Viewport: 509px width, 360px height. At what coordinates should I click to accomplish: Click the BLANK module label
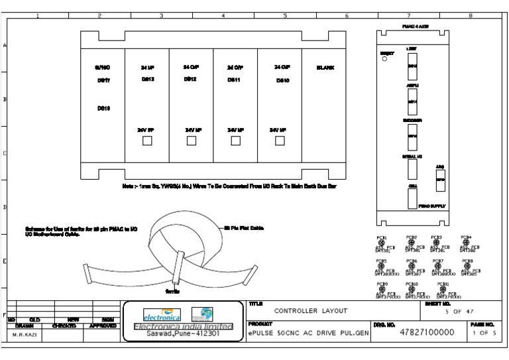click(325, 67)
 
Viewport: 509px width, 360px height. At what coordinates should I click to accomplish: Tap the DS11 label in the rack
click(233, 79)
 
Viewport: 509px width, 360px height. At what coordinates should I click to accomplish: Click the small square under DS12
click(191, 140)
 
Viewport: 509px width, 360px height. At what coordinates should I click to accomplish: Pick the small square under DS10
click(280, 140)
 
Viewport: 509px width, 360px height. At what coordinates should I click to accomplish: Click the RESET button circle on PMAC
click(384, 58)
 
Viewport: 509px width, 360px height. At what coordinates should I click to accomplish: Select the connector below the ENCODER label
click(411, 136)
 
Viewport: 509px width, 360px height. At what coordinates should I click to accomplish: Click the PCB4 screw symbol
click(465, 243)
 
